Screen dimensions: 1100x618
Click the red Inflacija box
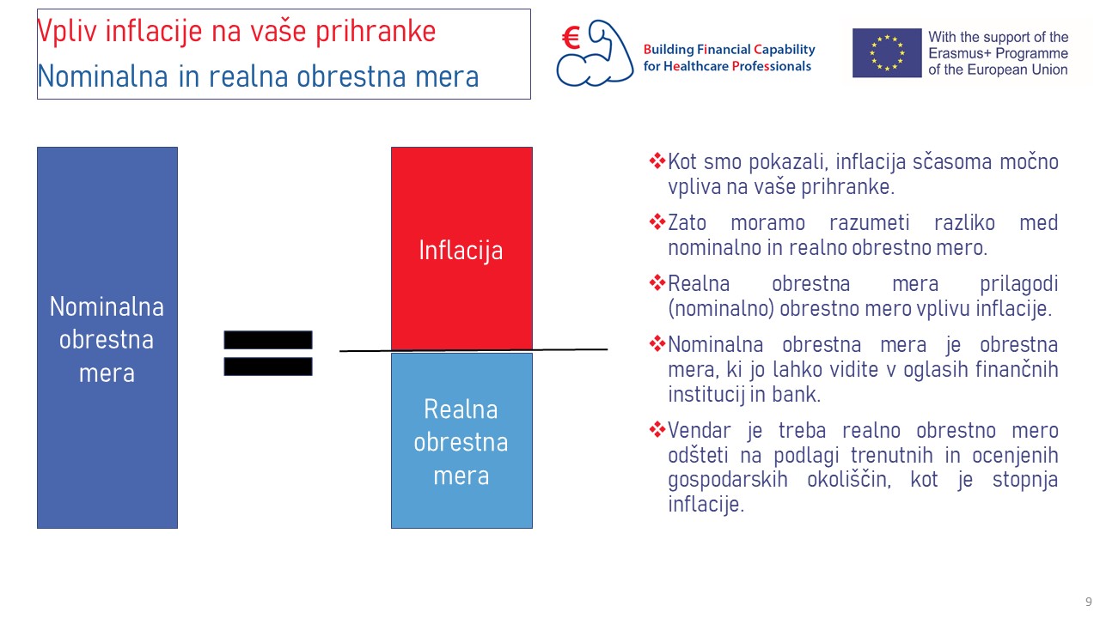coord(461,249)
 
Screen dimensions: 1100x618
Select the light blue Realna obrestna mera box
coord(461,440)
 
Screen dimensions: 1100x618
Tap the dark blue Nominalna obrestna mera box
coord(107,337)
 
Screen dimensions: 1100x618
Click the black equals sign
coord(268,353)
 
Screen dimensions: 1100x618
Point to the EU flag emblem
coord(887,53)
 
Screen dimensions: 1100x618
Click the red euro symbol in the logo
coord(571,38)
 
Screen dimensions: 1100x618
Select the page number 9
coord(1089,602)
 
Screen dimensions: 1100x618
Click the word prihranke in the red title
coord(376,32)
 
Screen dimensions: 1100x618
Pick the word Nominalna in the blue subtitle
coord(102,76)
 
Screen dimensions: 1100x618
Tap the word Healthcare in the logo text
coord(696,66)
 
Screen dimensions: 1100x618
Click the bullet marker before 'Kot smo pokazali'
coord(657,161)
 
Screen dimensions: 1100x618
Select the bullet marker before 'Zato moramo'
coord(657,221)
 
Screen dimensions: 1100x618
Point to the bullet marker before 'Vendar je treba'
coord(657,430)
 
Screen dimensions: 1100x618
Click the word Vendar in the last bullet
coord(700,431)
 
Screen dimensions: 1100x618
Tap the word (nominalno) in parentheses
coord(721,309)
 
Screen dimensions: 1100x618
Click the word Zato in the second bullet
coord(687,222)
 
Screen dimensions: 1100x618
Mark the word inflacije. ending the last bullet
coord(706,504)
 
